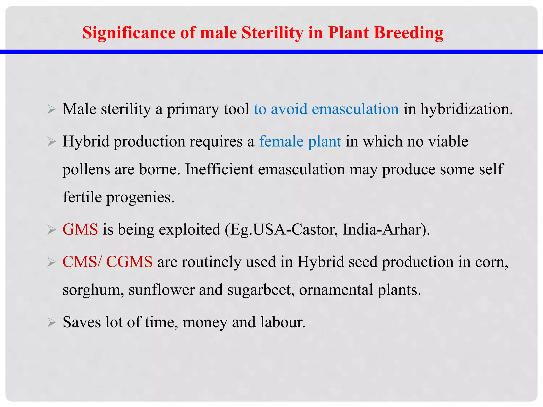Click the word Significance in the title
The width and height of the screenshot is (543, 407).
[x=129, y=33]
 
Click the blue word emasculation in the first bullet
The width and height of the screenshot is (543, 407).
[x=355, y=109]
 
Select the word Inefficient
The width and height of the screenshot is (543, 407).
[x=219, y=169]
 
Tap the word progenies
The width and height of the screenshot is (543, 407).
[x=140, y=197]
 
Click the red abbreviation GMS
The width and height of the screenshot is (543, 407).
[x=80, y=229]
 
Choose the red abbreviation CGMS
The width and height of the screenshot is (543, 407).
[x=129, y=262]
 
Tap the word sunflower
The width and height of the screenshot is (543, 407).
[x=161, y=290]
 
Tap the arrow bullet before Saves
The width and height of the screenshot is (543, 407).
[x=51, y=322]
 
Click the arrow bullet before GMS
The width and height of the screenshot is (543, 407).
[x=51, y=230]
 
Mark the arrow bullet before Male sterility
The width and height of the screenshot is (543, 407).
[x=51, y=109]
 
